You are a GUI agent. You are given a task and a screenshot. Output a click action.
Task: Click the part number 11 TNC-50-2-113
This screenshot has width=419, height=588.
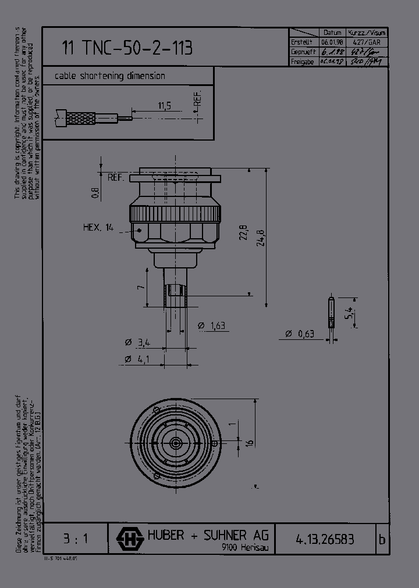[127, 48]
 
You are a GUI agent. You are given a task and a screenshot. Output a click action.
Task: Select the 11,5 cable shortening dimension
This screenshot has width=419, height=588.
[164, 105]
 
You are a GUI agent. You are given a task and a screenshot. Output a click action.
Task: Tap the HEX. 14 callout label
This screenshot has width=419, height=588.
[98, 228]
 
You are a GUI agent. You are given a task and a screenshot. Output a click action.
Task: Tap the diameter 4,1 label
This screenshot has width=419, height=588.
[137, 360]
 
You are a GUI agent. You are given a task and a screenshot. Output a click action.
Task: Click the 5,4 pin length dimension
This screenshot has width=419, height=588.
[349, 314]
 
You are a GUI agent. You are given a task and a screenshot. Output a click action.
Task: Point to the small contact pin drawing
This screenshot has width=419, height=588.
[331, 313]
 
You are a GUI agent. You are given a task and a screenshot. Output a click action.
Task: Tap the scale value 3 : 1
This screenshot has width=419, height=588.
[74, 539]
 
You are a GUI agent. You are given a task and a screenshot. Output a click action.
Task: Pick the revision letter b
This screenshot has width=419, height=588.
[382, 539]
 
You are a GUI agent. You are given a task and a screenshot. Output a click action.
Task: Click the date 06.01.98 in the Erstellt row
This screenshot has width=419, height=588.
[332, 42]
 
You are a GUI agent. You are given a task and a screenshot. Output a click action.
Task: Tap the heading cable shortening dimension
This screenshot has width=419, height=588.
[110, 76]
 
